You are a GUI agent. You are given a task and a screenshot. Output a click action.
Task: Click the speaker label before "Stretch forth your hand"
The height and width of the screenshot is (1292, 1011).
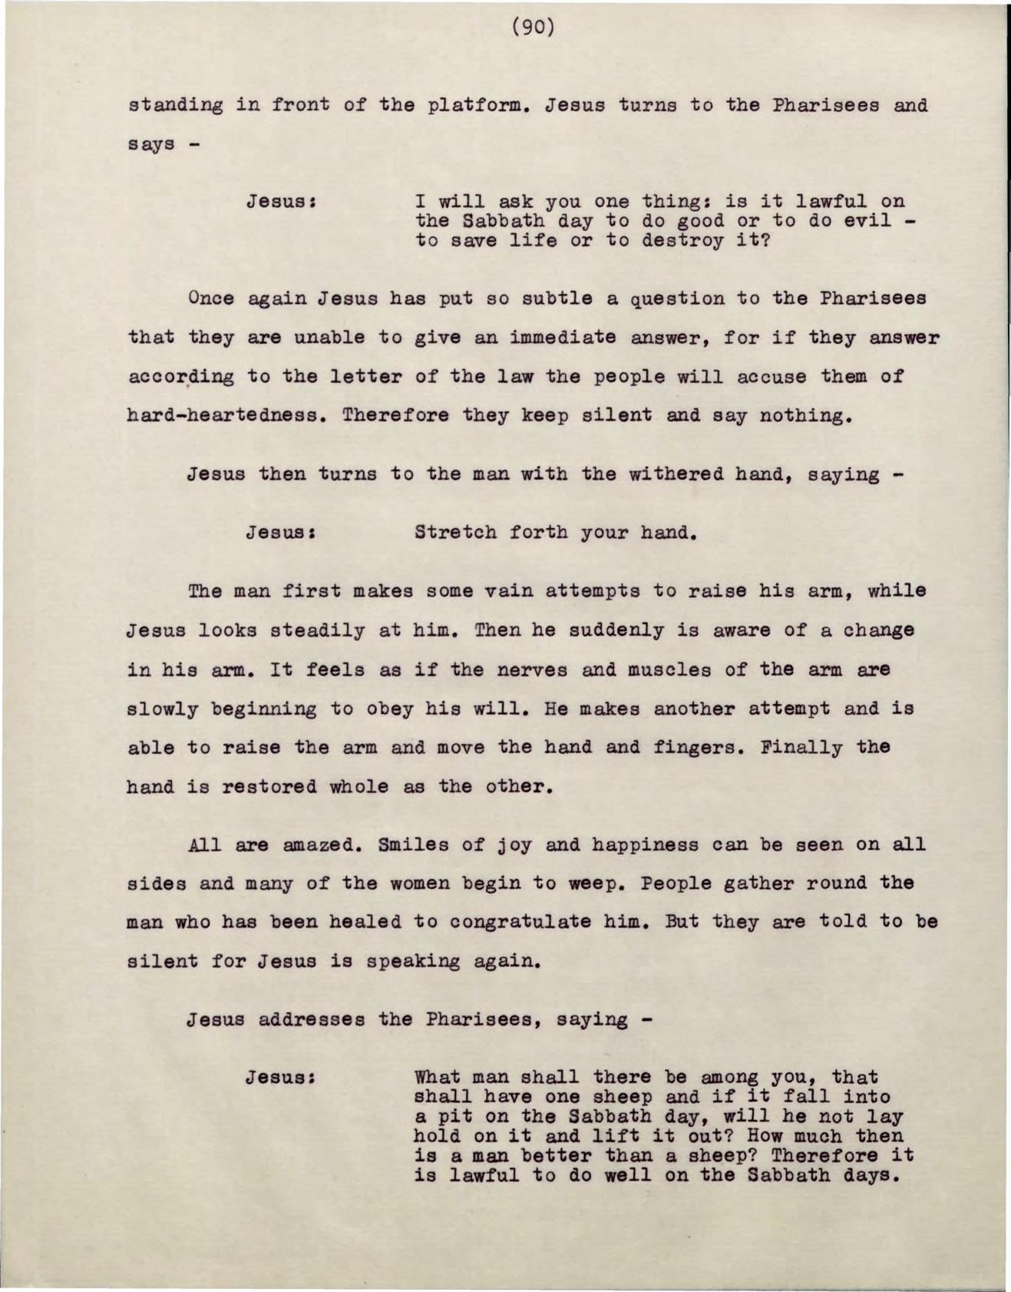282,532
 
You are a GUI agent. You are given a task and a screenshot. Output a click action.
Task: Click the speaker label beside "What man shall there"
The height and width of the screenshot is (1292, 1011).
282,1078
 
